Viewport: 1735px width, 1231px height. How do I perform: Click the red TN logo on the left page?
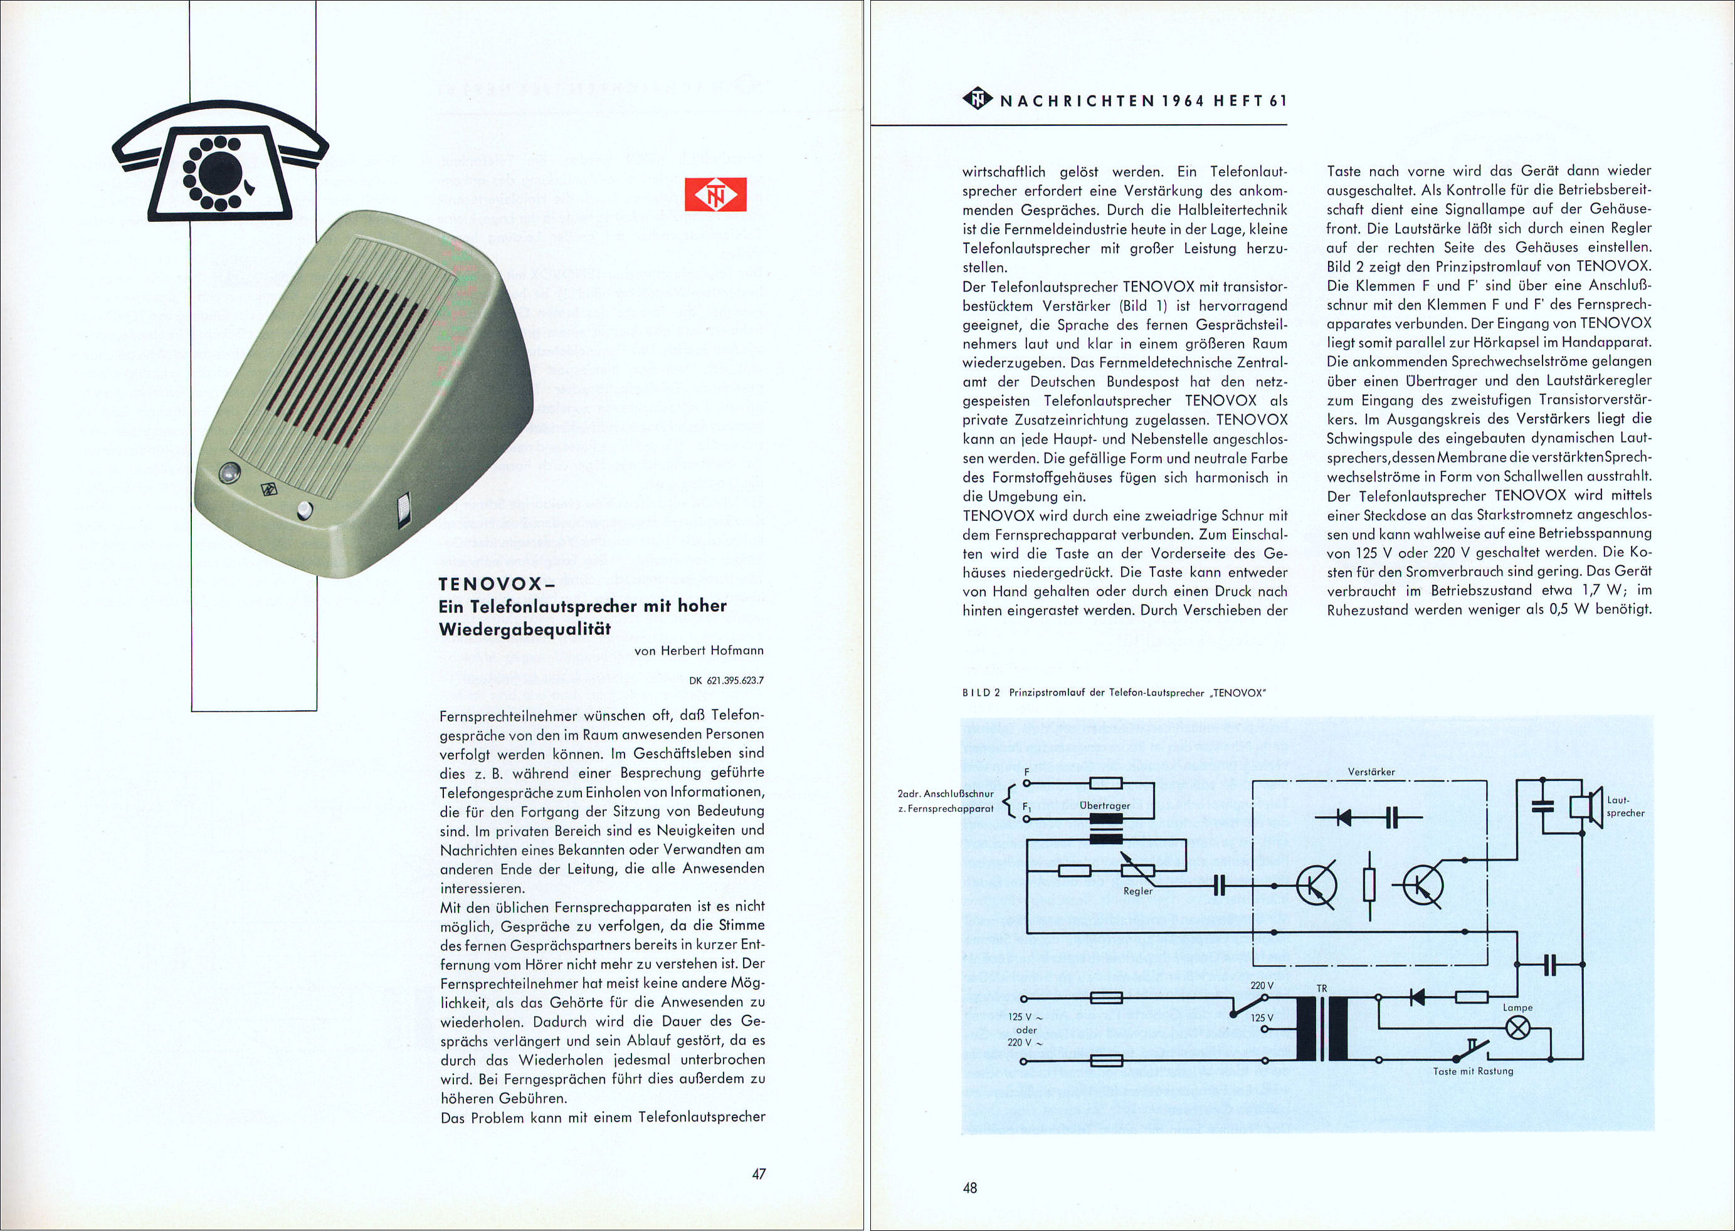(715, 195)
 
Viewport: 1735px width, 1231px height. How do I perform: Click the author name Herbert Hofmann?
(711, 651)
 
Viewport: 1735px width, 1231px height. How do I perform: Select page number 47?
(758, 1174)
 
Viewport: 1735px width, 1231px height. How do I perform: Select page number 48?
(970, 1188)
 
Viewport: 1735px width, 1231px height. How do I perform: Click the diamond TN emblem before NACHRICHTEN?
(978, 99)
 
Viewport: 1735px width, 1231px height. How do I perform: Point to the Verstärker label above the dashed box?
(1371, 772)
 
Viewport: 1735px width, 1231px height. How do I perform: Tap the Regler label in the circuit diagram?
(1137, 891)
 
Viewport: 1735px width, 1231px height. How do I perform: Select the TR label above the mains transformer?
(1322, 989)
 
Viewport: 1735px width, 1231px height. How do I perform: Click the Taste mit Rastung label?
(1473, 1071)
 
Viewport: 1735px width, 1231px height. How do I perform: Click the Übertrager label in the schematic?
(1105, 805)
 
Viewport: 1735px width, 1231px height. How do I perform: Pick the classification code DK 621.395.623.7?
(725, 681)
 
